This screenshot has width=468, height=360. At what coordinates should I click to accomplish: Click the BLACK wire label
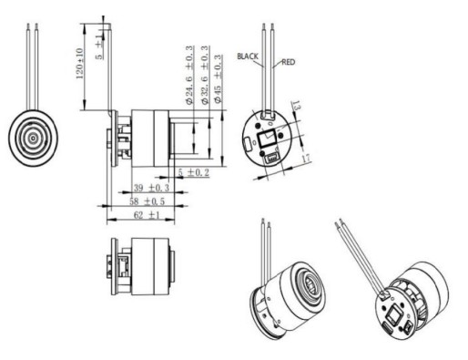249,56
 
